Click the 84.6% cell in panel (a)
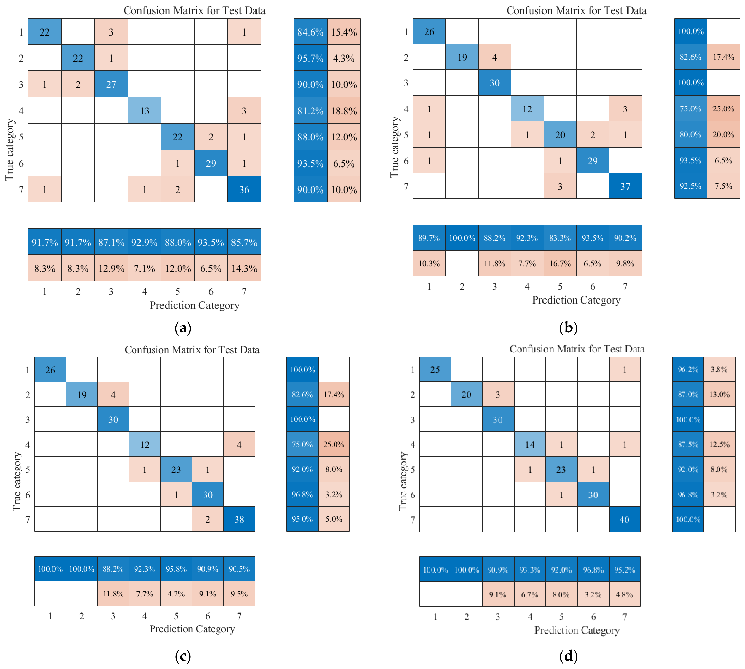click(310, 32)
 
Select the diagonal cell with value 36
click(244, 189)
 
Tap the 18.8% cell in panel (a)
click(344, 110)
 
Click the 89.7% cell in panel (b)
click(429, 238)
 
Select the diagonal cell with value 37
click(625, 186)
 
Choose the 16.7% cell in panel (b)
click(560, 263)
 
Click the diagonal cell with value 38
click(239, 519)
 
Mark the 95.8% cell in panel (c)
click(176, 569)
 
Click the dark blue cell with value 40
click(624, 519)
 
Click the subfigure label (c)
click(183, 656)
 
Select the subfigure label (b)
click(568, 327)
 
